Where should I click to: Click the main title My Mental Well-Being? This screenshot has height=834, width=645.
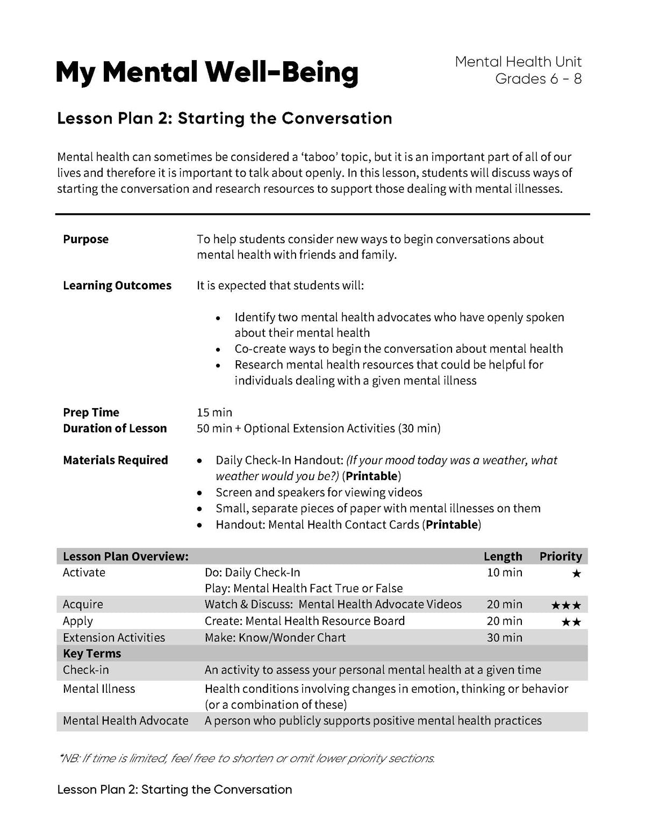(x=206, y=72)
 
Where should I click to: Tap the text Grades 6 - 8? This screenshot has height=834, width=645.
(x=538, y=79)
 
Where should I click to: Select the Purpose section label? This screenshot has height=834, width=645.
(x=85, y=239)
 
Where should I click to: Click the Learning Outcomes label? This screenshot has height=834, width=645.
(x=117, y=285)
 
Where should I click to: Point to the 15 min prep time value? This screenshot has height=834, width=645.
(x=214, y=412)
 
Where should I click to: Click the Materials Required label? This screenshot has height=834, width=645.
(x=115, y=460)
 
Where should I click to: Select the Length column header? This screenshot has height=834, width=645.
(x=503, y=556)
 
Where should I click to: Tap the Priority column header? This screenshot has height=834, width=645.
(x=561, y=556)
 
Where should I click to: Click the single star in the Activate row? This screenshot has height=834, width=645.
(x=576, y=574)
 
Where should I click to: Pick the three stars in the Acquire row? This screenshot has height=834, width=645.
(x=566, y=606)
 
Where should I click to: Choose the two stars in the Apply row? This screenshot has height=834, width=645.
(x=571, y=622)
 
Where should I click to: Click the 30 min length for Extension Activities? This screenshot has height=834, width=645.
(x=504, y=637)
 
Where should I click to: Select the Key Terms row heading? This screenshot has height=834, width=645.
(x=92, y=654)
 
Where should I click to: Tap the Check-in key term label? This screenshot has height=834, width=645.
(x=86, y=670)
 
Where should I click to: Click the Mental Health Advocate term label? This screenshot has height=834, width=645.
(x=125, y=721)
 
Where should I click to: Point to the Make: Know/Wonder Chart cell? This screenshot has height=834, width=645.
(x=275, y=637)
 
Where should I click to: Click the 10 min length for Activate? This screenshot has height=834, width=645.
(x=504, y=572)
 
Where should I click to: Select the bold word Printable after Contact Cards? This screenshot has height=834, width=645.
(x=451, y=525)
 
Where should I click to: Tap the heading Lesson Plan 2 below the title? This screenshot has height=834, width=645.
(x=225, y=118)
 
